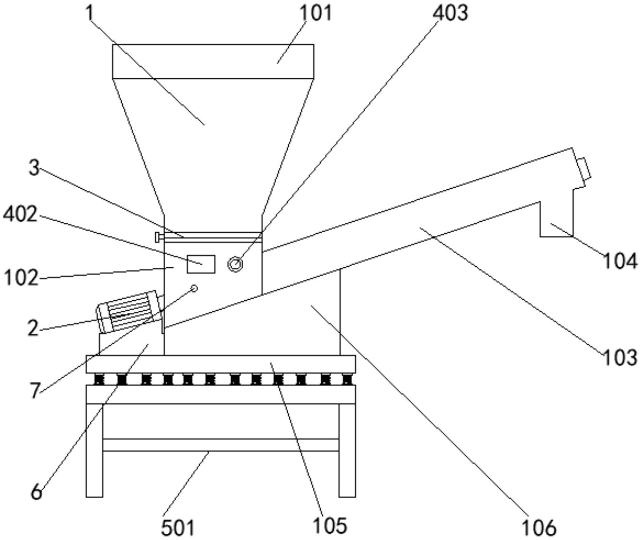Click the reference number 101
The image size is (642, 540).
pos(315,13)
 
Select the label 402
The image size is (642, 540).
pos(20,214)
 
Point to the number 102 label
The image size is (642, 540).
pos(21,278)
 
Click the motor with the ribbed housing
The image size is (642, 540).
pos(129,311)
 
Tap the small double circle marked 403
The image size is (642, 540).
pos(235,264)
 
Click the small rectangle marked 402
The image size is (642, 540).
pos(201,264)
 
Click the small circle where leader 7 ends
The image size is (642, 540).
pos(194,288)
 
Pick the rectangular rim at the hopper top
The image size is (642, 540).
pos(213,61)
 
